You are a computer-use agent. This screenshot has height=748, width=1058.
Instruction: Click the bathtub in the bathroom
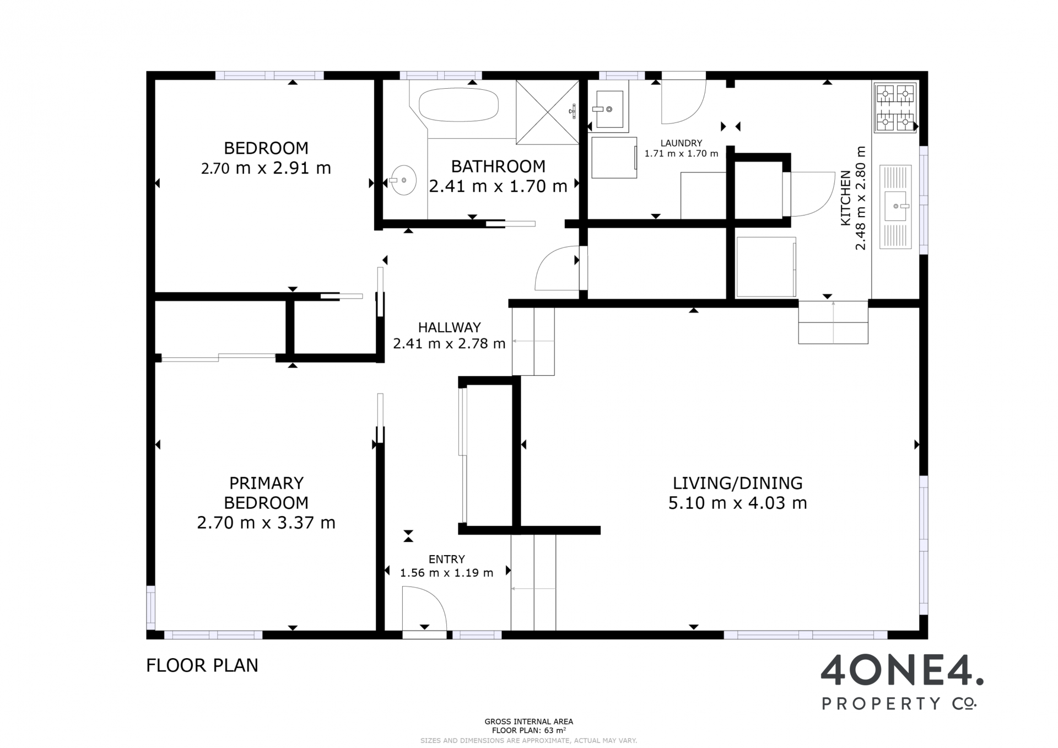click(458, 105)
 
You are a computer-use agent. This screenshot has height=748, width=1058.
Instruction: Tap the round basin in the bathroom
click(403, 180)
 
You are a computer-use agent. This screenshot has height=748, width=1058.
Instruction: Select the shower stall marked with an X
click(547, 112)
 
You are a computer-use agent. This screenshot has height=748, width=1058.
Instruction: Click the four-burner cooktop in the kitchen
click(895, 107)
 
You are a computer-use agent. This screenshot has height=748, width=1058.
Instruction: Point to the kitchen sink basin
click(895, 206)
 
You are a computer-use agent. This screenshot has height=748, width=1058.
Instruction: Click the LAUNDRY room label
click(682, 143)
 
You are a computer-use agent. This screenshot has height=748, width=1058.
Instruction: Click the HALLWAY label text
click(449, 327)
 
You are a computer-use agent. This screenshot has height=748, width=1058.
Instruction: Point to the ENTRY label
click(447, 559)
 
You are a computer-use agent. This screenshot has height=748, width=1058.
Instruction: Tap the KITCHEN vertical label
click(845, 198)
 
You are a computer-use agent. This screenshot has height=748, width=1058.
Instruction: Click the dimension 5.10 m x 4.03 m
click(738, 503)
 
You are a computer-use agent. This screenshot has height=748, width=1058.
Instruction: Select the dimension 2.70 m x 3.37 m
click(266, 523)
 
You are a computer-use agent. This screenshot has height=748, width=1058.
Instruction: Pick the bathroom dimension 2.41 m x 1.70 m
click(498, 186)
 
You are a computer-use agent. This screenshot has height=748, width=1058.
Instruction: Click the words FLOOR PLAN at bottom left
click(202, 665)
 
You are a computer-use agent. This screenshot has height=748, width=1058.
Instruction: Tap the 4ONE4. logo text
click(902, 671)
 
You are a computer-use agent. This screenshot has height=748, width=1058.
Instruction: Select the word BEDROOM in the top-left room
click(266, 148)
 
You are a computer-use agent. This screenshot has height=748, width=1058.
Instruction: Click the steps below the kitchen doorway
click(833, 322)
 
